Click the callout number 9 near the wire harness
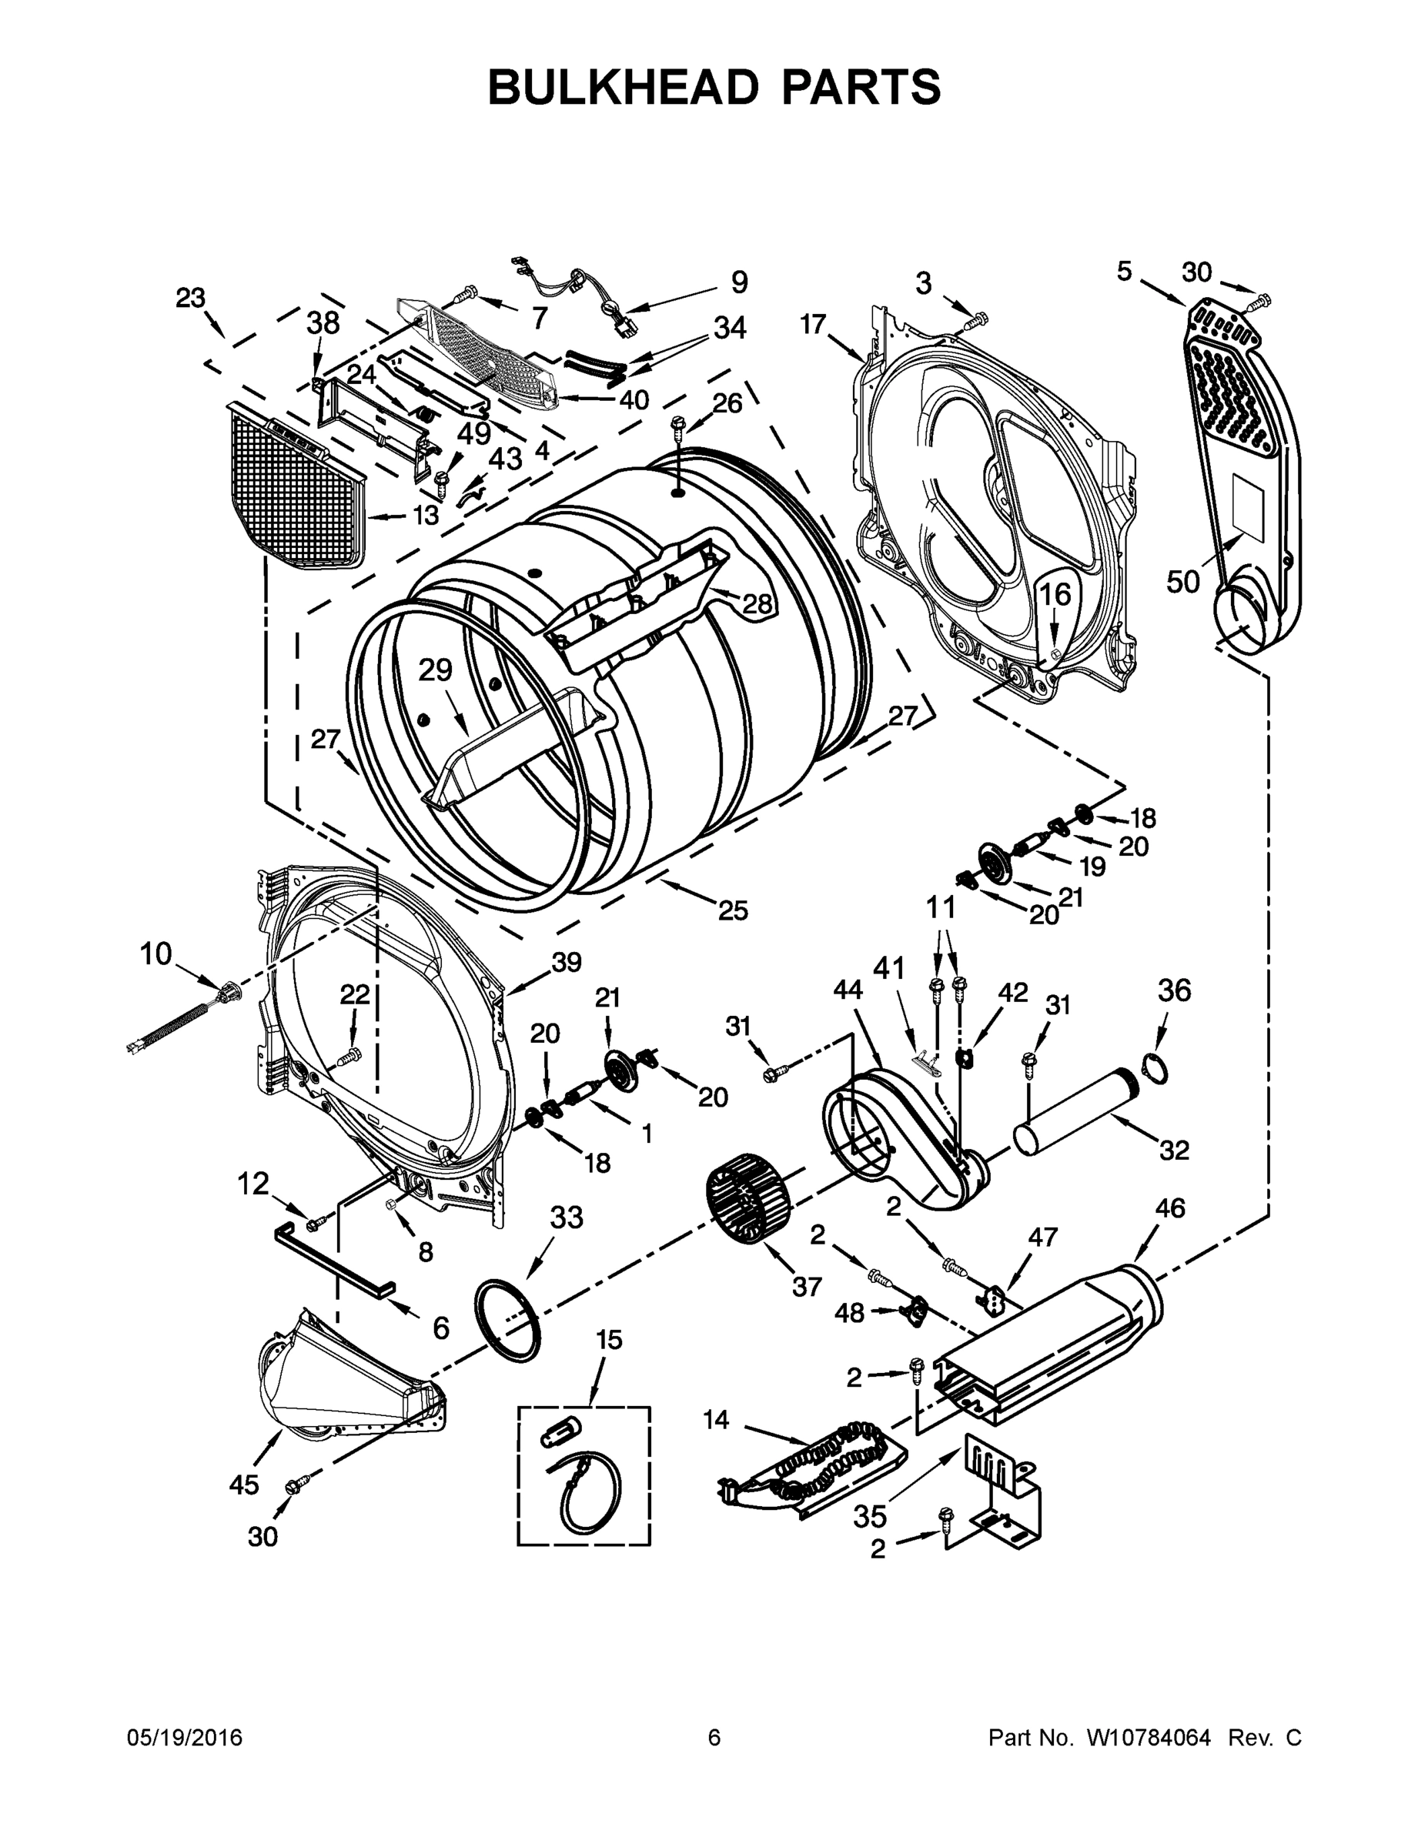pos(738,282)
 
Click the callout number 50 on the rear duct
pos(1183,581)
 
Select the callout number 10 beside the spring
pos(156,954)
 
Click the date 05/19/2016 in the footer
pos(185,1738)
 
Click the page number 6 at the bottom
pos(714,1738)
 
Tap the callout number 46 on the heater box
pos(1170,1208)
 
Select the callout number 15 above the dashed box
pos(609,1340)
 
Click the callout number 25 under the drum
pos(734,911)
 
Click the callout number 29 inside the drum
pos(436,670)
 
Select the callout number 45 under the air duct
pos(245,1485)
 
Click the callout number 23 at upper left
pos(190,298)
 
